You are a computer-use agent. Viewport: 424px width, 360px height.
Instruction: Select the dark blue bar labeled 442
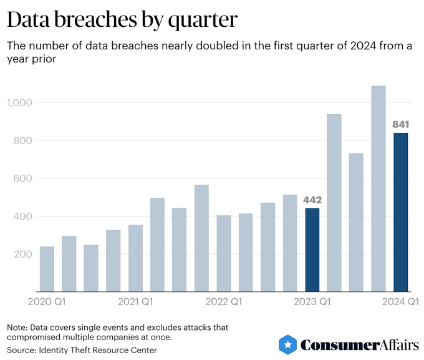click(x=312, y=250)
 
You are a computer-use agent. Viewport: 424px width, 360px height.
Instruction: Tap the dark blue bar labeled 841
click(x=400, y=212)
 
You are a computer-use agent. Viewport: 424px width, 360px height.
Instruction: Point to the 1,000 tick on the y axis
click(x=19, y=102)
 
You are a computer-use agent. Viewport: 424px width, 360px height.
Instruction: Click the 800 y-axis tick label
click(x=23, y=140)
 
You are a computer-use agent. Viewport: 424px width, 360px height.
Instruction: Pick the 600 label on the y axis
click(x=23, y=178)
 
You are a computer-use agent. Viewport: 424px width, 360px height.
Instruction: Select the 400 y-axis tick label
click(x=23, y=216)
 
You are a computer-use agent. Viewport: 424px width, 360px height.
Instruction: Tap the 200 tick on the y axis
click(x=23, y=255)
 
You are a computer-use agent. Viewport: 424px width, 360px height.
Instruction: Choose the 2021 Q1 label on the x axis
click(x=136, y=303)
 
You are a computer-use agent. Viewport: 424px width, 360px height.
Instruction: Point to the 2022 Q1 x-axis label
click(x=224, y=303)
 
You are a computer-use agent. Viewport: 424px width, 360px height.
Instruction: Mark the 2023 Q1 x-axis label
click(x=312, y=303)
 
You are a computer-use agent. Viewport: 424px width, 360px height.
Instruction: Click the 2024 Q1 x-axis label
click(x=401, y=303)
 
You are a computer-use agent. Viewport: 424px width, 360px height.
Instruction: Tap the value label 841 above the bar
click(x=400, y=125)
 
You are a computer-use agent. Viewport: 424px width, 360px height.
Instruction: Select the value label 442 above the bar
click(x=312, y=200)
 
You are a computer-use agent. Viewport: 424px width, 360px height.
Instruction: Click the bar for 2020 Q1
click(x=47, y=269)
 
